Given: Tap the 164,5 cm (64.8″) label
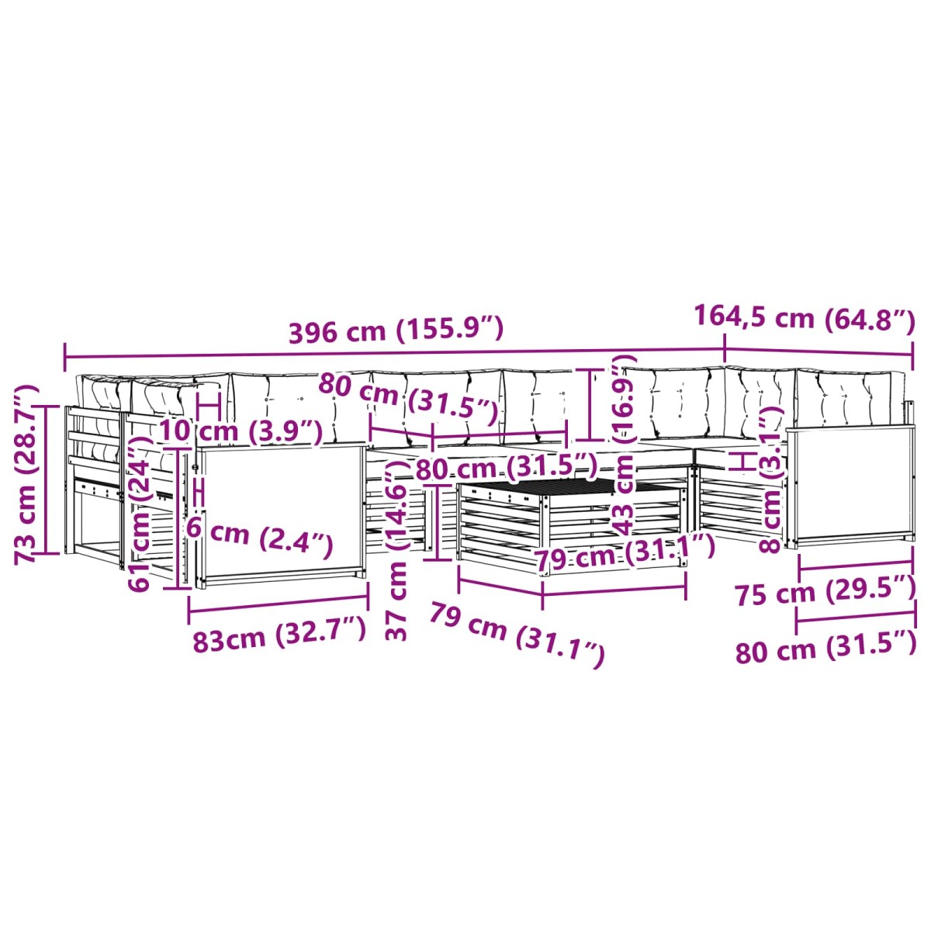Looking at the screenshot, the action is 805,318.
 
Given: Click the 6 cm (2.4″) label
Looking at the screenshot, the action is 259,538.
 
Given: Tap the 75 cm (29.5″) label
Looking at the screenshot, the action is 825,591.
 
